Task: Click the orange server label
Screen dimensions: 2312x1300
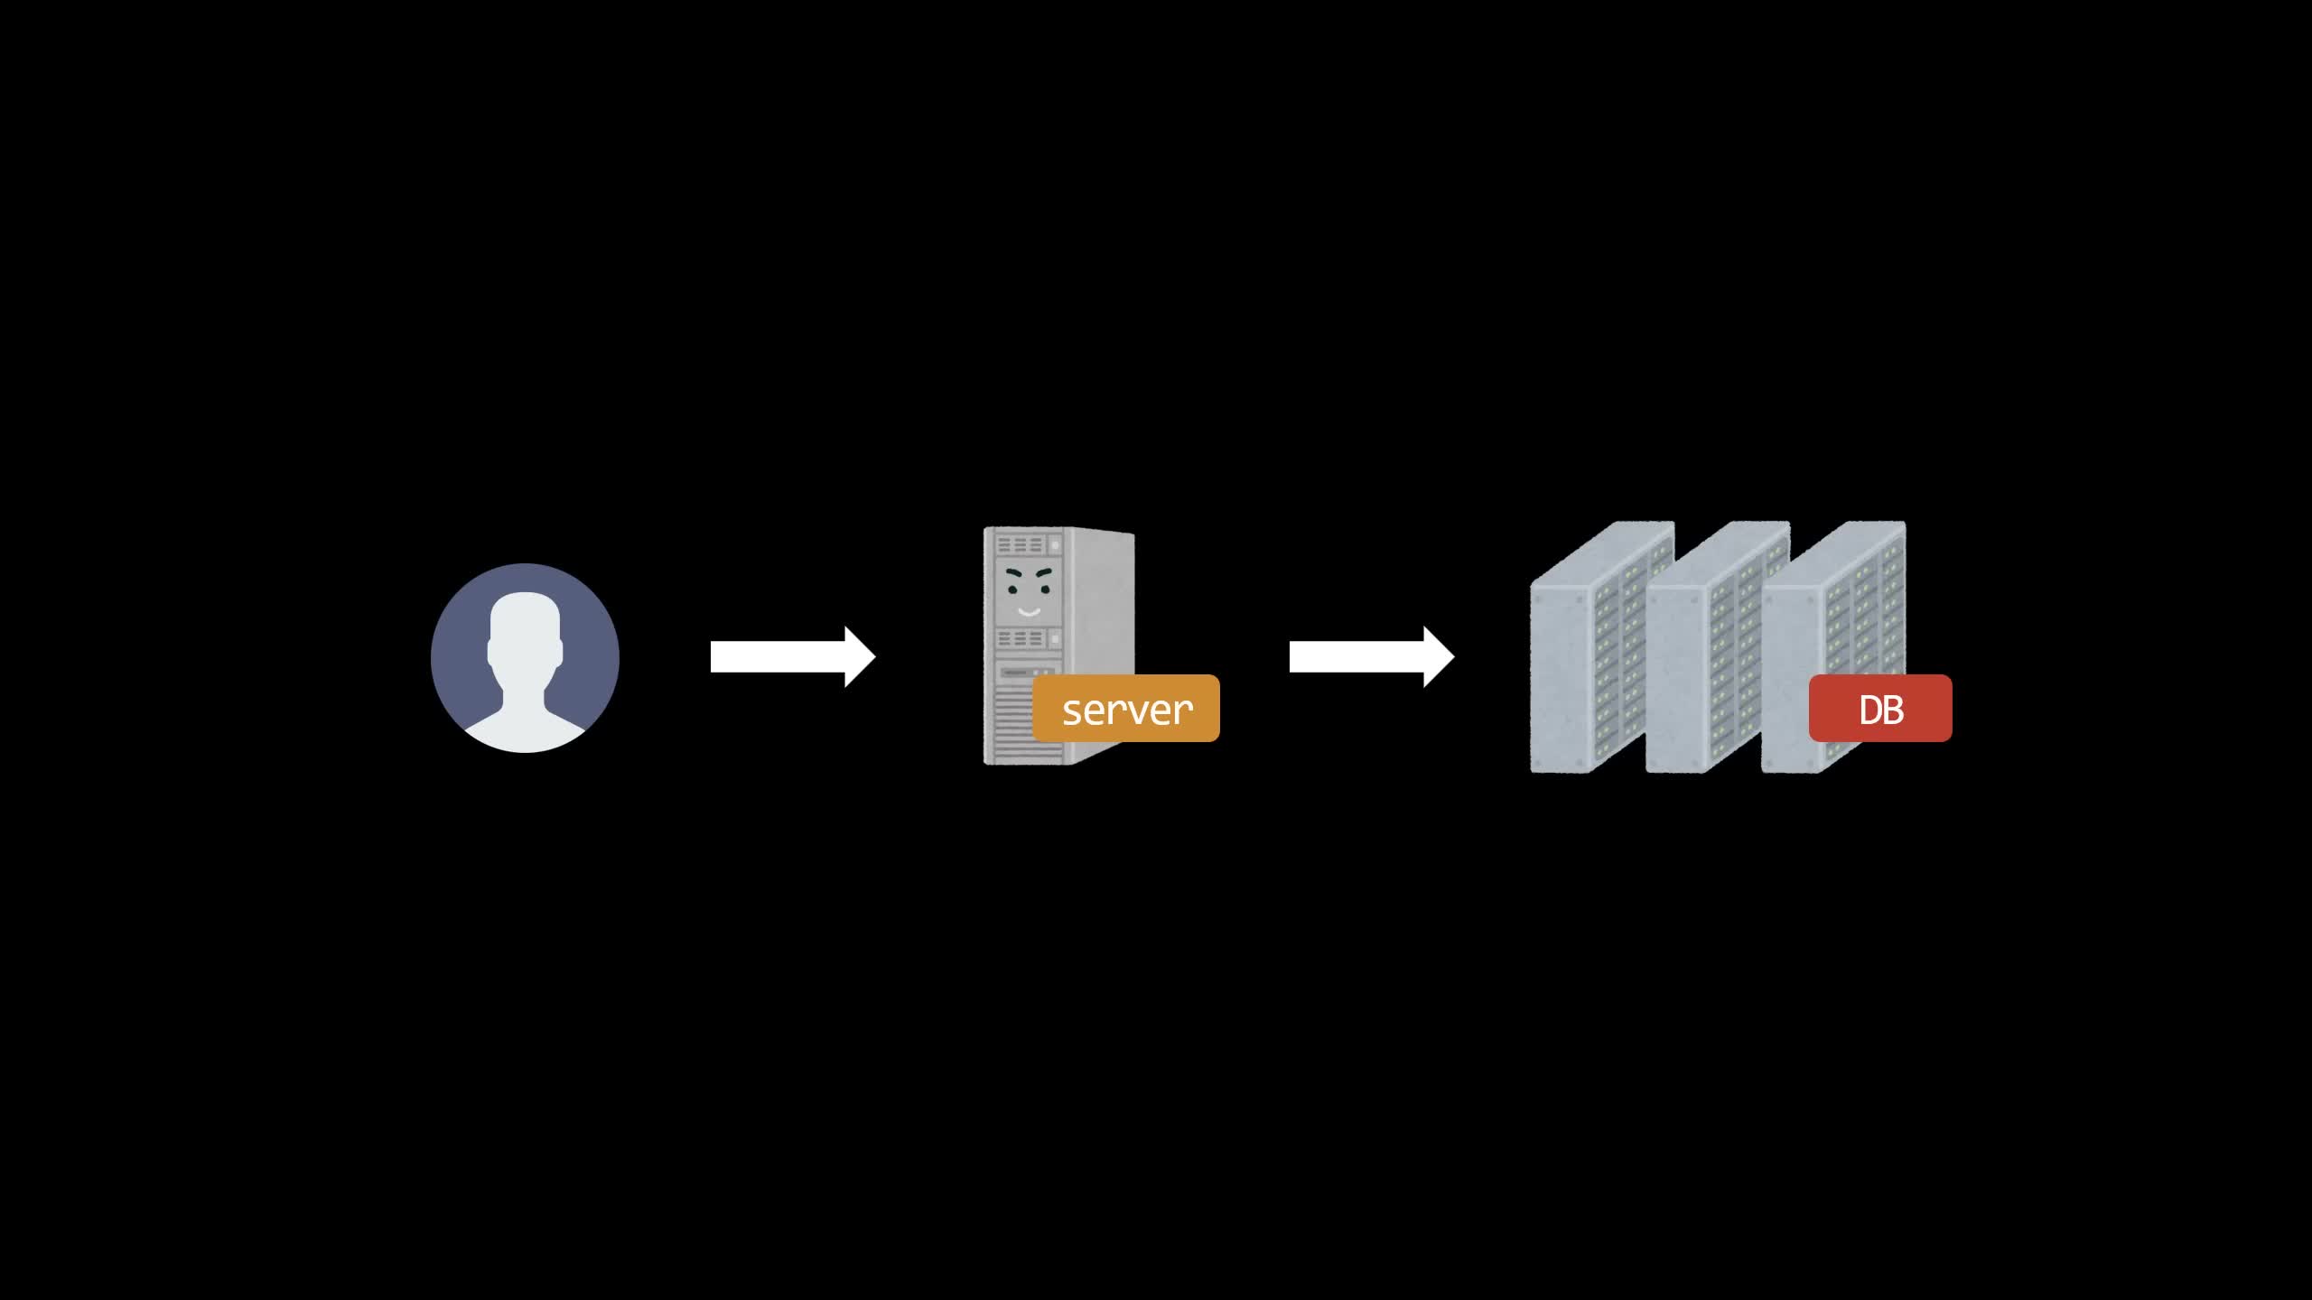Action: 1126,709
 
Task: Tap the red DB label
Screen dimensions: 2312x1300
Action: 1880,709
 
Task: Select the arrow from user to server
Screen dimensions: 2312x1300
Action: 793,657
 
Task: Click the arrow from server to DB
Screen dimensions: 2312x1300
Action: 1372,657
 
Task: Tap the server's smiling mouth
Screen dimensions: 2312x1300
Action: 1029,612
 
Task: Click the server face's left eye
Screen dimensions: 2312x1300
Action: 1013,590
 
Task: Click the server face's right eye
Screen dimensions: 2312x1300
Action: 1045,590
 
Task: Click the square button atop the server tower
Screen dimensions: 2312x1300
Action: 1054,546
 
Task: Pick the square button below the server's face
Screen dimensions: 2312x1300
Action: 1054,639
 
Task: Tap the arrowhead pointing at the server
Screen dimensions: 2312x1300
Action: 860,657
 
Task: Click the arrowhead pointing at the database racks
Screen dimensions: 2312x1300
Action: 1439,657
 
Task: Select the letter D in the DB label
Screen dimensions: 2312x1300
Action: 1869,710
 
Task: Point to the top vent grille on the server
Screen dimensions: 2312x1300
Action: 1020,545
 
